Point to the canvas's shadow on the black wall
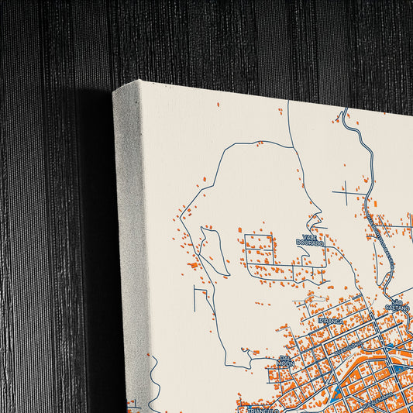[x=93, y=232]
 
